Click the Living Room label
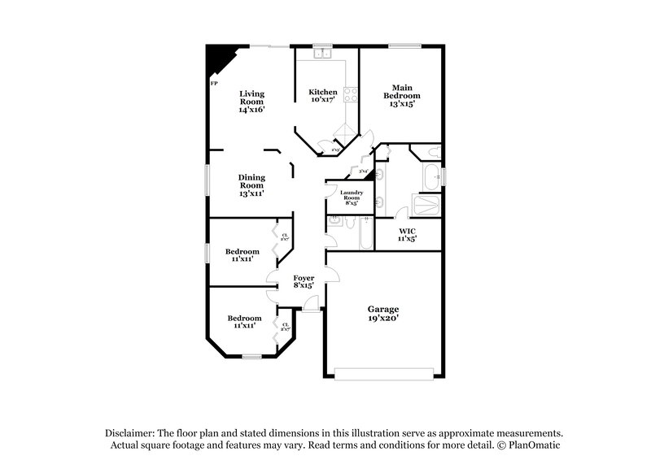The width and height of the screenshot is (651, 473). click(251, 101)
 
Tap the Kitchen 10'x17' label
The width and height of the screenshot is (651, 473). click(322, 97)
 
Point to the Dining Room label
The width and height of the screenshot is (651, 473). click(251, 185)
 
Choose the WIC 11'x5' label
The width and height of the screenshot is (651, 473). click(408, 235)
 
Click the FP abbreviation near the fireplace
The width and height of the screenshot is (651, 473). click(214, 84)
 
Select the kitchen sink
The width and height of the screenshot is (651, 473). click(323, 54)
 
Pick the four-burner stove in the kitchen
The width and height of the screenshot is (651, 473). click(352, 94)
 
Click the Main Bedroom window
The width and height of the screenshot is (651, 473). click(400, 46)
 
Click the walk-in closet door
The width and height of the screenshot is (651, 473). click(400, 214)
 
